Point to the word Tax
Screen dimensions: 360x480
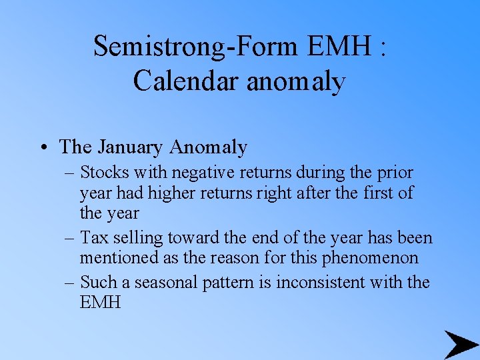click(x=93, y=237)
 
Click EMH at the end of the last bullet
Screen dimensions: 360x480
click(x=101, y=303)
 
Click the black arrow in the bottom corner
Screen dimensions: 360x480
click(x=459, y=343)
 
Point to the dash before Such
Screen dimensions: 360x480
click(x=71, y=282)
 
